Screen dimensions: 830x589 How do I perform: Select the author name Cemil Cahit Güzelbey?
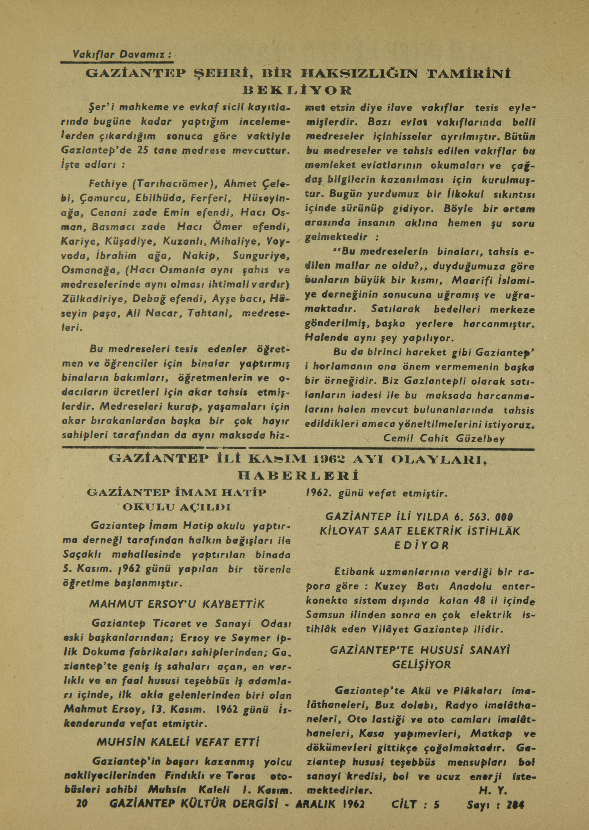click(x=439, y=438)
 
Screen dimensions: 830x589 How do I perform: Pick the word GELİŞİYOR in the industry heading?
click(x=422, y=665)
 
